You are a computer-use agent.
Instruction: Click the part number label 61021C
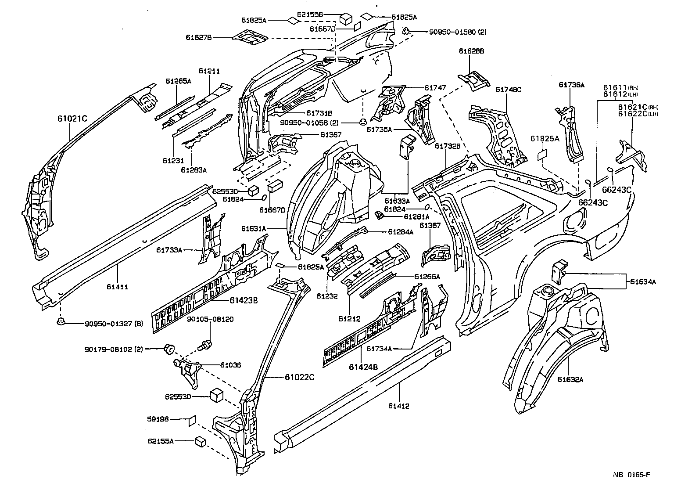[72, 119]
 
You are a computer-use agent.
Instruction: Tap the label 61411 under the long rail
[117, 287]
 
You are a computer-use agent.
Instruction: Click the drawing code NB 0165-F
[631, 475]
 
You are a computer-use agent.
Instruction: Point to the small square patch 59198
[192, 420]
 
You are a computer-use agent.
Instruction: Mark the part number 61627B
[199, 38]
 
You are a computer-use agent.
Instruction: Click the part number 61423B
[244, 300]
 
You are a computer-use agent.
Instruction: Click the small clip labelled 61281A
[380, 215]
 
